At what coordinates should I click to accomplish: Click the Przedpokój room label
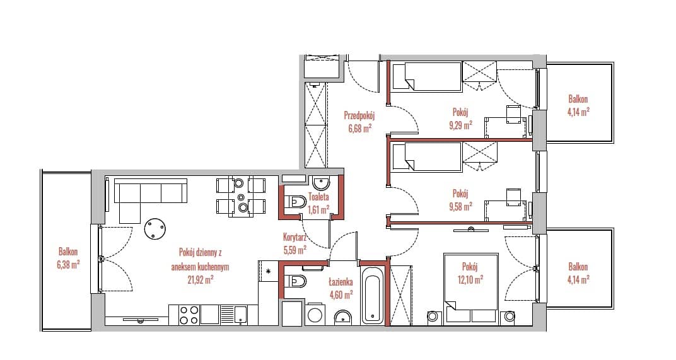click(359, 115)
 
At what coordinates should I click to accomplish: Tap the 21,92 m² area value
click(201, 280)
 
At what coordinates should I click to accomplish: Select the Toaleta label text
click(318, 197)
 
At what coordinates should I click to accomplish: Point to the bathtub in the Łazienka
click(373, 295)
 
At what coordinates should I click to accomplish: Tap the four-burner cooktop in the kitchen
click(189, 315)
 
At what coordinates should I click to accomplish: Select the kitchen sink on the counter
click(233, 315)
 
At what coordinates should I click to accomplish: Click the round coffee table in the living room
click(154, 228)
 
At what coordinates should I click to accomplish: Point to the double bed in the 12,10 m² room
click(471, 287)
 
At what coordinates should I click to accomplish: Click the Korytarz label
click(295, 236)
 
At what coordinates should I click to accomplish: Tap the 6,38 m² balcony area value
click(68, 265)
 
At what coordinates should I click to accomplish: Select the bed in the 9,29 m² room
click(427, 76)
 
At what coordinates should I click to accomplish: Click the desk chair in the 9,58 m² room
click(513, 195)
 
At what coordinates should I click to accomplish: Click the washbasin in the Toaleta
click(321, 183)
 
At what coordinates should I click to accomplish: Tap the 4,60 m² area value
click(341, 294)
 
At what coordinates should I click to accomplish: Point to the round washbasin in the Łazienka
click(343, 317)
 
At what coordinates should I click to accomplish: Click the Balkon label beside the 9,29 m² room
click(578, 99)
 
